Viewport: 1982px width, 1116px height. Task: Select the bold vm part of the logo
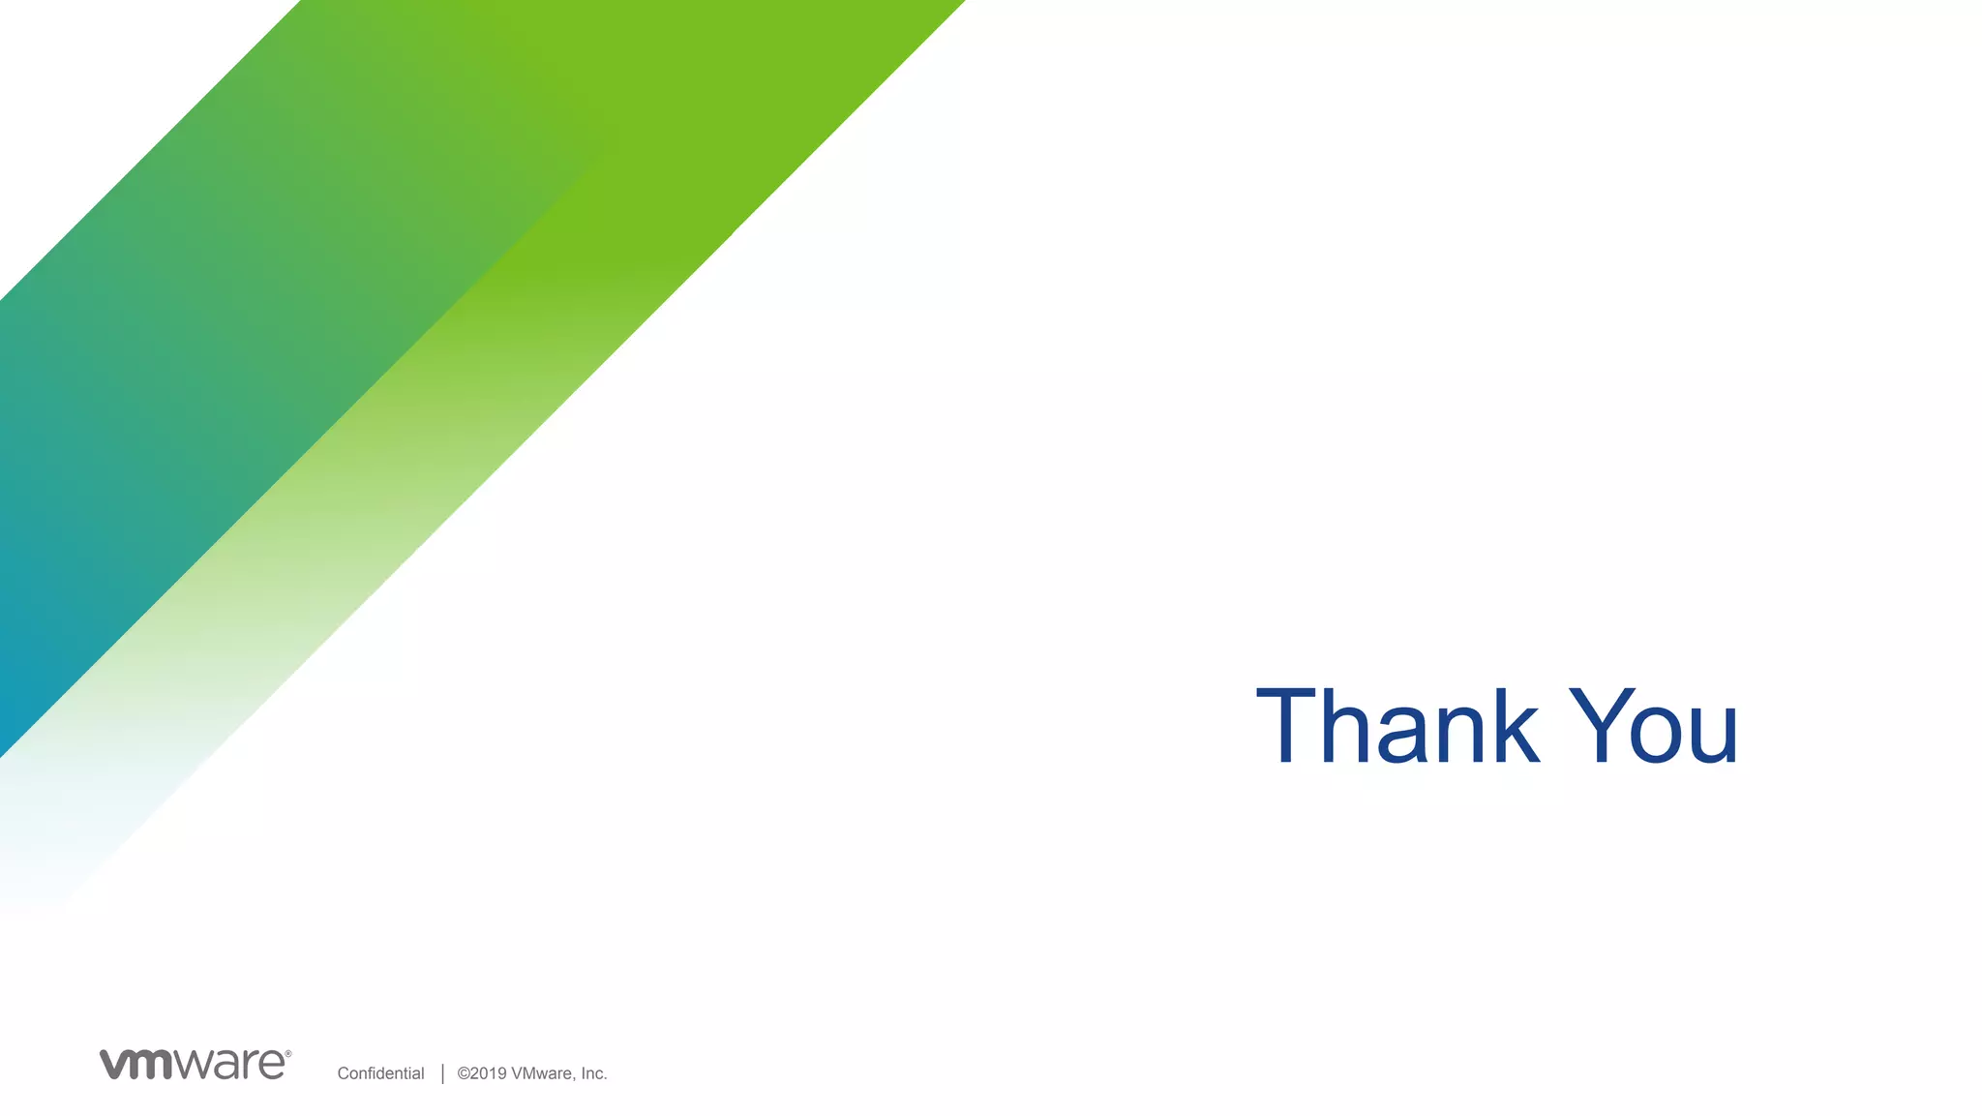136,1064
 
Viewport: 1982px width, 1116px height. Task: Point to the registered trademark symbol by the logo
287,1053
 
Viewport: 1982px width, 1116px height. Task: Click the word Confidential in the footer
380,1073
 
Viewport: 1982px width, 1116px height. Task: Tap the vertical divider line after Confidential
442,1073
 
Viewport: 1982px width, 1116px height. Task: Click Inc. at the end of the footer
593,1073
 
